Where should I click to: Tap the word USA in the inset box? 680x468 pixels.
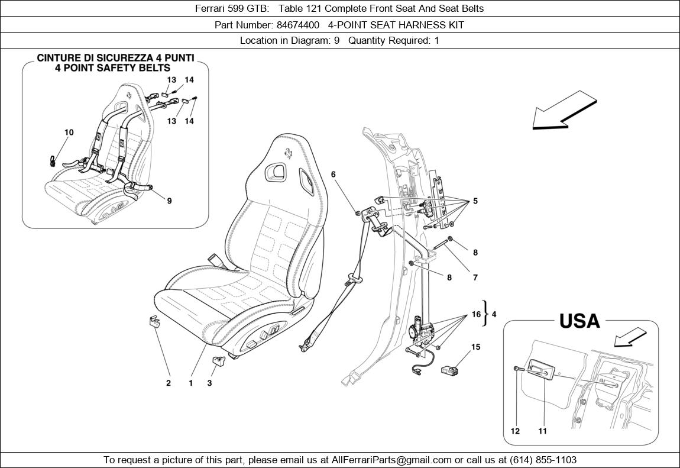(579, 321)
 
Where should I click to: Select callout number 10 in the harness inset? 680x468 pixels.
(69, 133)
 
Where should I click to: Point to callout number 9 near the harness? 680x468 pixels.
(169, 201)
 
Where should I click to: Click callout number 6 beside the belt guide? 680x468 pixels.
(333, 175)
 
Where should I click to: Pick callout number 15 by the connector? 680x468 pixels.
(475, 347)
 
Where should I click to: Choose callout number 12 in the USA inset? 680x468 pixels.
(515, 431)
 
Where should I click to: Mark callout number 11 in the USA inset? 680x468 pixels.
(542, 431)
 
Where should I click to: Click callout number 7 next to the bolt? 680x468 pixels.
(475, 277)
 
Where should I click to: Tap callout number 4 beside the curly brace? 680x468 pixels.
(494, 315)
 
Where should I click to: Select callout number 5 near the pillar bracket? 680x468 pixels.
(475, 201)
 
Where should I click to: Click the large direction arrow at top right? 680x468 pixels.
(562, 111)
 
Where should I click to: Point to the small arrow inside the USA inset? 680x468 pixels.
(629, 338)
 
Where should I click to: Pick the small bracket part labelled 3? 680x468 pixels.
(217, 361)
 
